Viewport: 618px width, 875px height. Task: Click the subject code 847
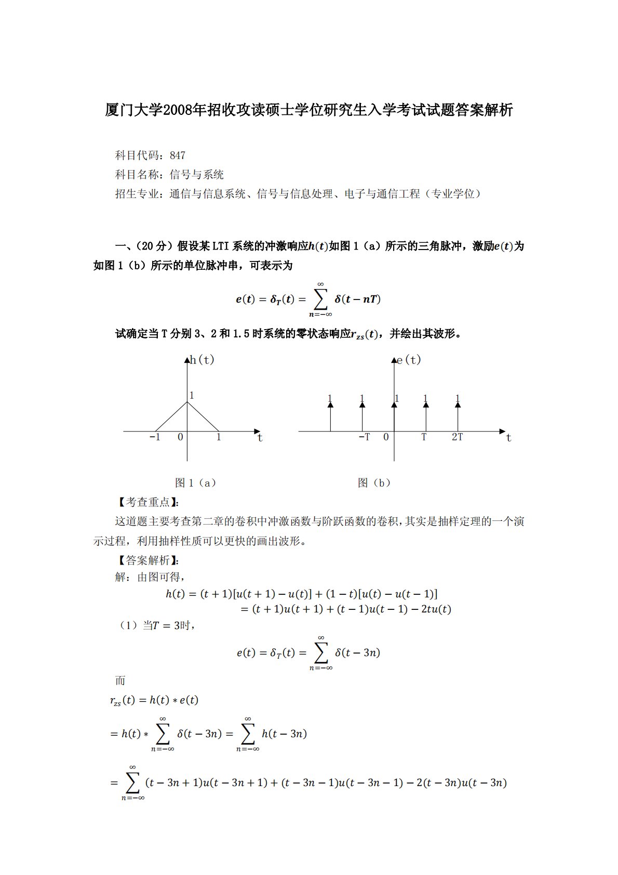tap(177, 155)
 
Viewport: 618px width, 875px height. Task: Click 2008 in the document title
tap(178, 110)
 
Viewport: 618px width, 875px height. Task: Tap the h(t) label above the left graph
tap(202, 360)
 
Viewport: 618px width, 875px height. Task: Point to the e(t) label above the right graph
tap(409, 360)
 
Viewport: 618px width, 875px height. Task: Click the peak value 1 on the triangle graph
tap(192, 395)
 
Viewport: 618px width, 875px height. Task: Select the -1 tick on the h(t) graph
tap(155, 437)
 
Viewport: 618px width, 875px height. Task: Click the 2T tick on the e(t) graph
tap(457, 437)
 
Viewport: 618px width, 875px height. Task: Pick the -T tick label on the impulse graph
tap(364, 437)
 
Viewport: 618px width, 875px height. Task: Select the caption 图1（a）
tap(196, 483)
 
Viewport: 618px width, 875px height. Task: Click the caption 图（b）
tap(374, 483)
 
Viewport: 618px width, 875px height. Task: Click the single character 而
tap(120, 681)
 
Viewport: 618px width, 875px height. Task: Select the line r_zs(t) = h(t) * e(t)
tap(154, 700)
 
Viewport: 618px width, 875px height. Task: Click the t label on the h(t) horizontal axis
tap(260, 438)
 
